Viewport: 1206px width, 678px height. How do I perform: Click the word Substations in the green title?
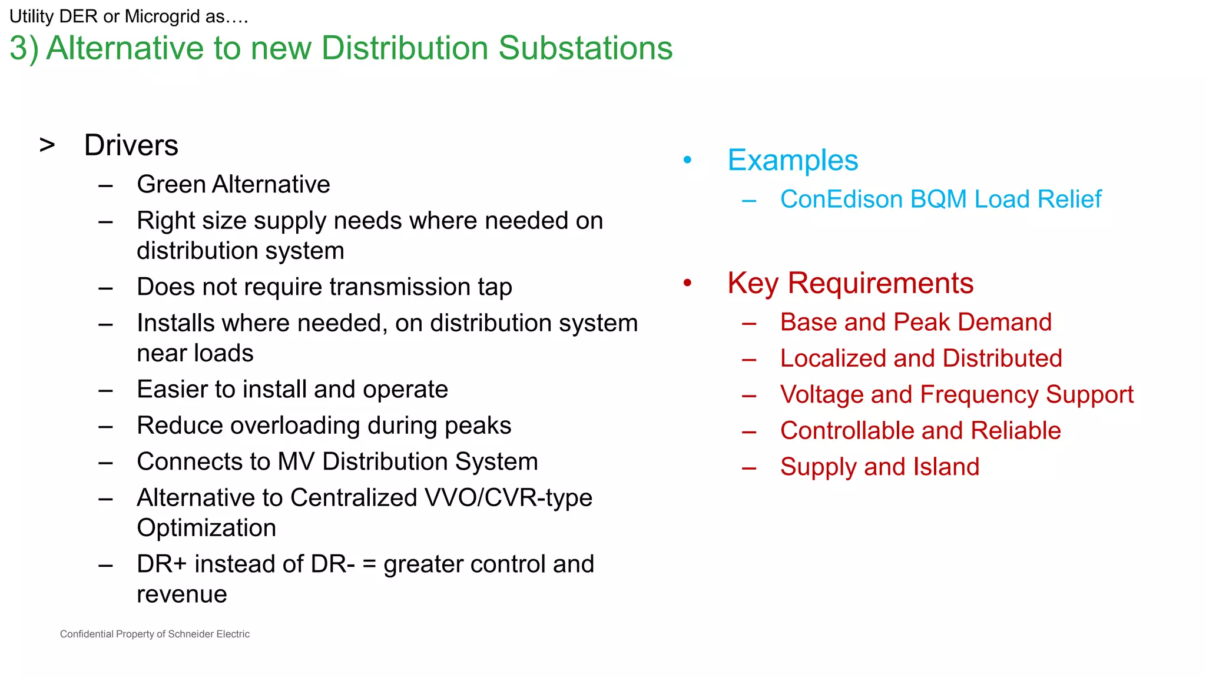(x=585, y=48)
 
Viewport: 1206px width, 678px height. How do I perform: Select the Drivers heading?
(x=131, y=145)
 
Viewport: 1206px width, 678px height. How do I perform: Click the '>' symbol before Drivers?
(x=47, y=145)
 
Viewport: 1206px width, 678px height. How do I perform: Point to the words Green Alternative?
(x=233, y=185)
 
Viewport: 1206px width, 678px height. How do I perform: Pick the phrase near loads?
(x=195, y=354)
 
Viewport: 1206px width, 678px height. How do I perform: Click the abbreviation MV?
(x=296, y=462)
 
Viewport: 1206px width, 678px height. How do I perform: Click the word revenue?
(x=182, y=595)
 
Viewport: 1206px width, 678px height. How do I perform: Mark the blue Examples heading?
(x=793, y=161)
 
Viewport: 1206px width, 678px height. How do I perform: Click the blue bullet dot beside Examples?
(x=687, y=160)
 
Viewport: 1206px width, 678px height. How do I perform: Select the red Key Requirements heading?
(x=850, y=284)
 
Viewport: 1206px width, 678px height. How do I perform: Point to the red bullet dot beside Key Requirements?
(x=687, y=283)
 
